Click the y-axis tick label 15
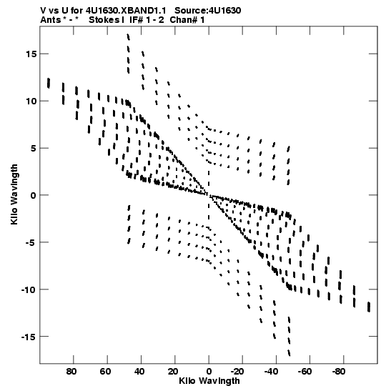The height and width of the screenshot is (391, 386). point(31,54)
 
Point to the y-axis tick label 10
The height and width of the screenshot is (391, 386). point(31,102)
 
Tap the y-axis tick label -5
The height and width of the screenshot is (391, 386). point(31,242)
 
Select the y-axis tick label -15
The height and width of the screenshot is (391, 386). point(29,337)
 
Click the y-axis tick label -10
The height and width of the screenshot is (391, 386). point(29,289)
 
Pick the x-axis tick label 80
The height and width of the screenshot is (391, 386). point(71,372)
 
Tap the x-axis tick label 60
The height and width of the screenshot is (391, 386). point(106,372)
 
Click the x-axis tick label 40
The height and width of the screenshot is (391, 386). point(139,372)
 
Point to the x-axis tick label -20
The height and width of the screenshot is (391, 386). point(237,372)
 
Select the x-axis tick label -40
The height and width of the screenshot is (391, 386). point(271,372)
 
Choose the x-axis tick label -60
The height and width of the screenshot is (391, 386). point(305,372)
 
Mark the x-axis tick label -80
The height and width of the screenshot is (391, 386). point(339,372)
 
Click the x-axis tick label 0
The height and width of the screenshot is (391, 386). point(209,372)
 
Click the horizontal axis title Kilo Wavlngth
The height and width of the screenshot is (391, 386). point(209,381)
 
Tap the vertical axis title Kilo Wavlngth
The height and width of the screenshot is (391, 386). point(14,194)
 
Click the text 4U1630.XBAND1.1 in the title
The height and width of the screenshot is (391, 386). point(126,11)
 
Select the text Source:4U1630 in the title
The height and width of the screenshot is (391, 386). point(208,11)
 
